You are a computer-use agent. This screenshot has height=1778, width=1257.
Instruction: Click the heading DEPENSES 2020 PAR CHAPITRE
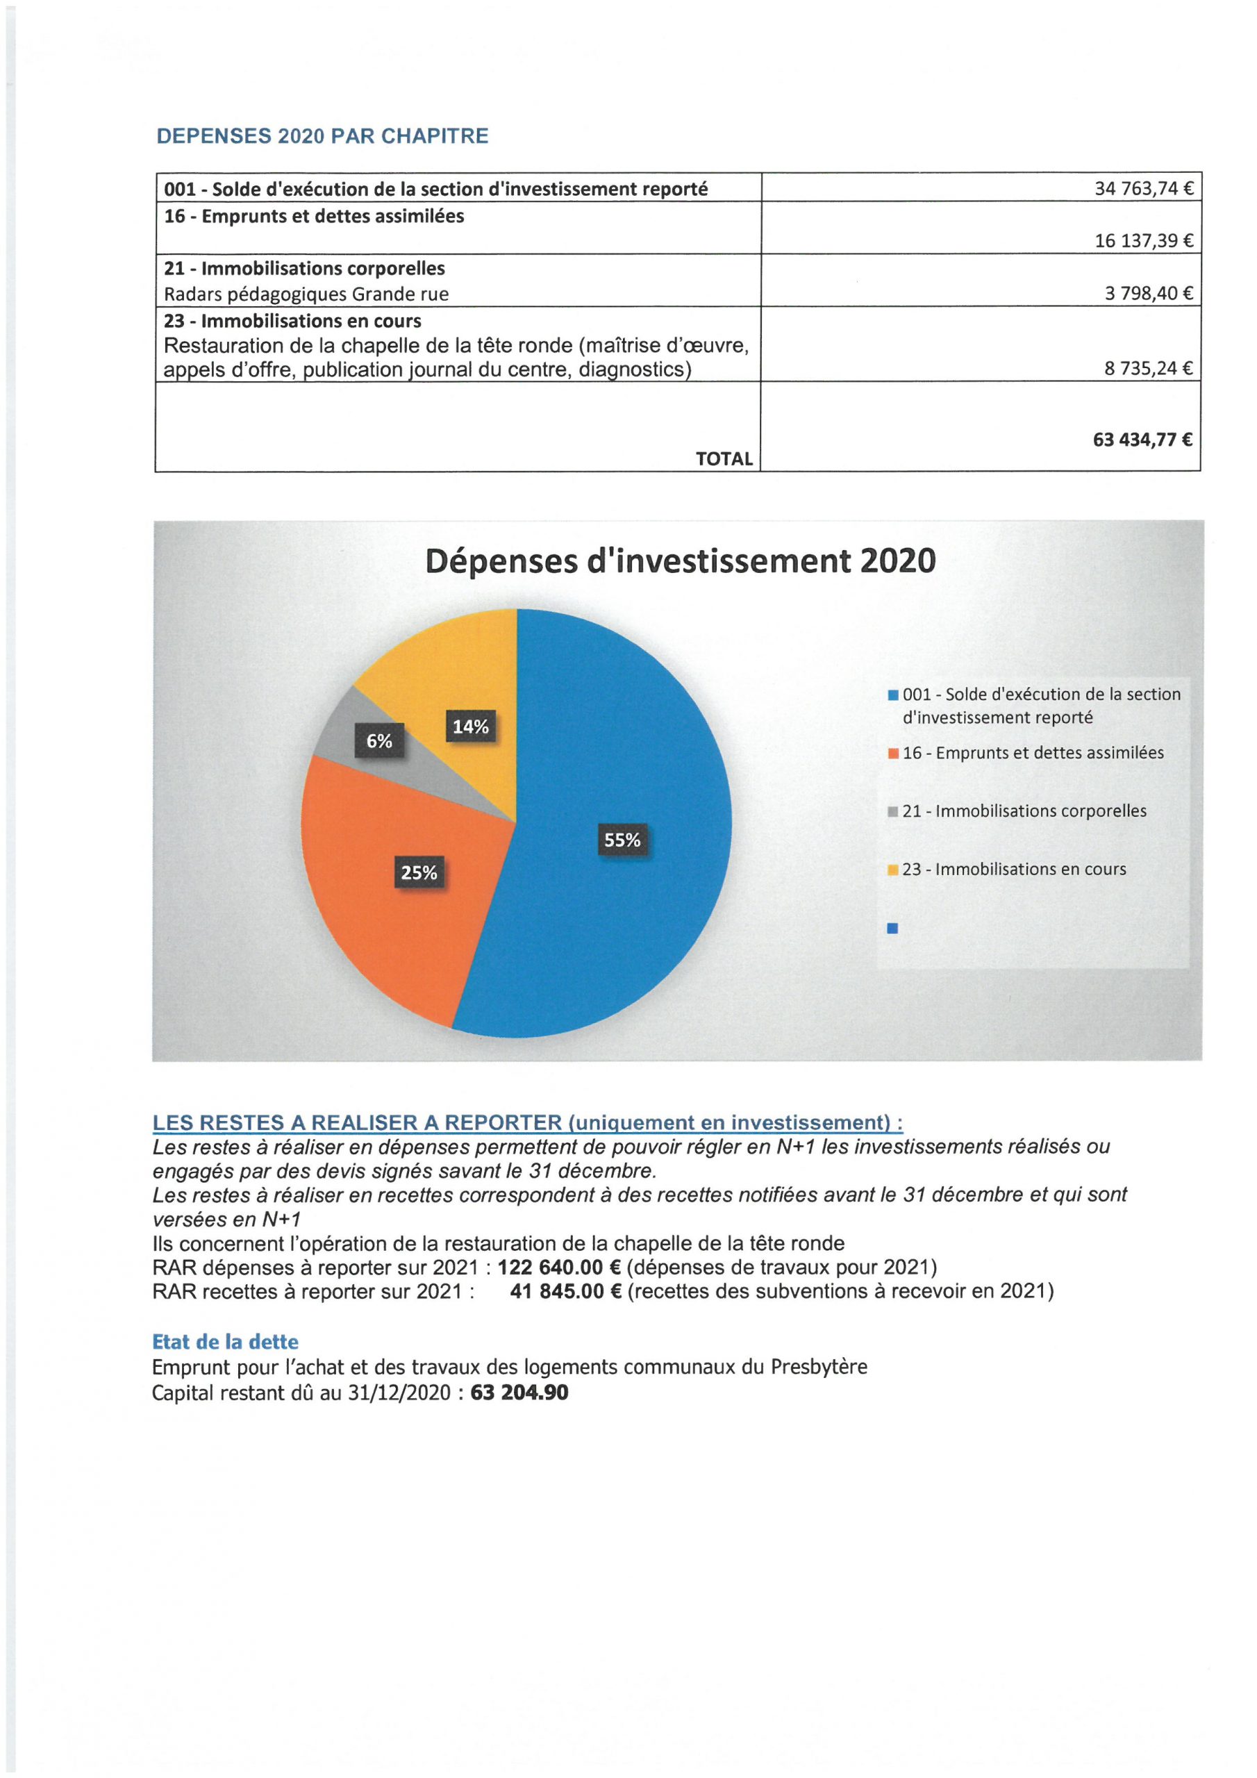[322, 136]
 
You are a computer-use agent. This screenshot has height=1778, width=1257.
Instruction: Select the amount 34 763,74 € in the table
[1142, 188]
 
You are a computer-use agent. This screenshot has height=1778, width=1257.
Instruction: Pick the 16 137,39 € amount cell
[1142, 241]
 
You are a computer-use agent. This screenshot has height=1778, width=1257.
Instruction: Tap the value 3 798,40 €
[1148, 294]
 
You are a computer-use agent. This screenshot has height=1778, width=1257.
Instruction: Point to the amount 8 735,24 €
[1148, 369]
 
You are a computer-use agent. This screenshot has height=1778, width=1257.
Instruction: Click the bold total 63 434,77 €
[1142, 440]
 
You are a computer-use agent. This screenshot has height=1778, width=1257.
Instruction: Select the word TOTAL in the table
[724, 458]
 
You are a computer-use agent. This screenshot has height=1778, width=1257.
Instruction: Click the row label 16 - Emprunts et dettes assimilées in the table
[314, 216]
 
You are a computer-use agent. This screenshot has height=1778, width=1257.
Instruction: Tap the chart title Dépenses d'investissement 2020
[680, 560]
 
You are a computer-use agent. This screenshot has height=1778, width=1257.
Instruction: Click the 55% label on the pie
[622, 840]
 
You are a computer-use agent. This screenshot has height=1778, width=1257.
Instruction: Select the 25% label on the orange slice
[419, 873]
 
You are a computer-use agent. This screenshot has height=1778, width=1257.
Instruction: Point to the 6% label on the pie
[379, 741]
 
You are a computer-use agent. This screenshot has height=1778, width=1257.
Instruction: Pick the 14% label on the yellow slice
[471, 726]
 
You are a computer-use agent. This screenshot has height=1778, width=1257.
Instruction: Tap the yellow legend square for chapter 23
[892, 870]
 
